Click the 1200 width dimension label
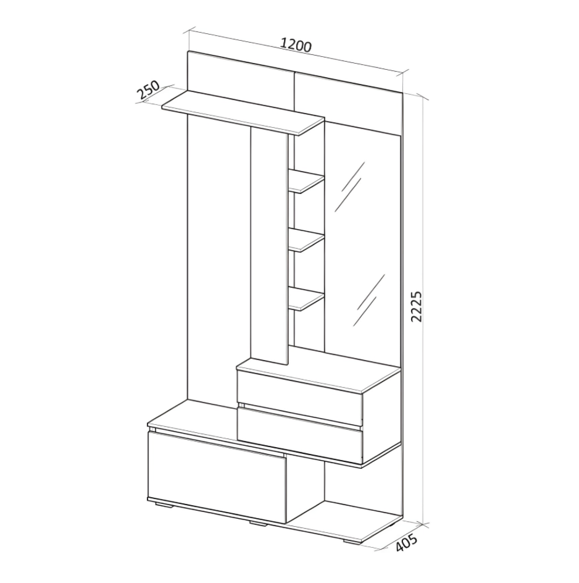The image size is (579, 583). tap(296, 45)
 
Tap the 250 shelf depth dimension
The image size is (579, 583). tap(148, 90)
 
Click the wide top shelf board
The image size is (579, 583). tap(243, 113)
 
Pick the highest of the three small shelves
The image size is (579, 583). tap(307, 181)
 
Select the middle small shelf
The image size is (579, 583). tap(307, 241)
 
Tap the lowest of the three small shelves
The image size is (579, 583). tap(307, 299)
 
